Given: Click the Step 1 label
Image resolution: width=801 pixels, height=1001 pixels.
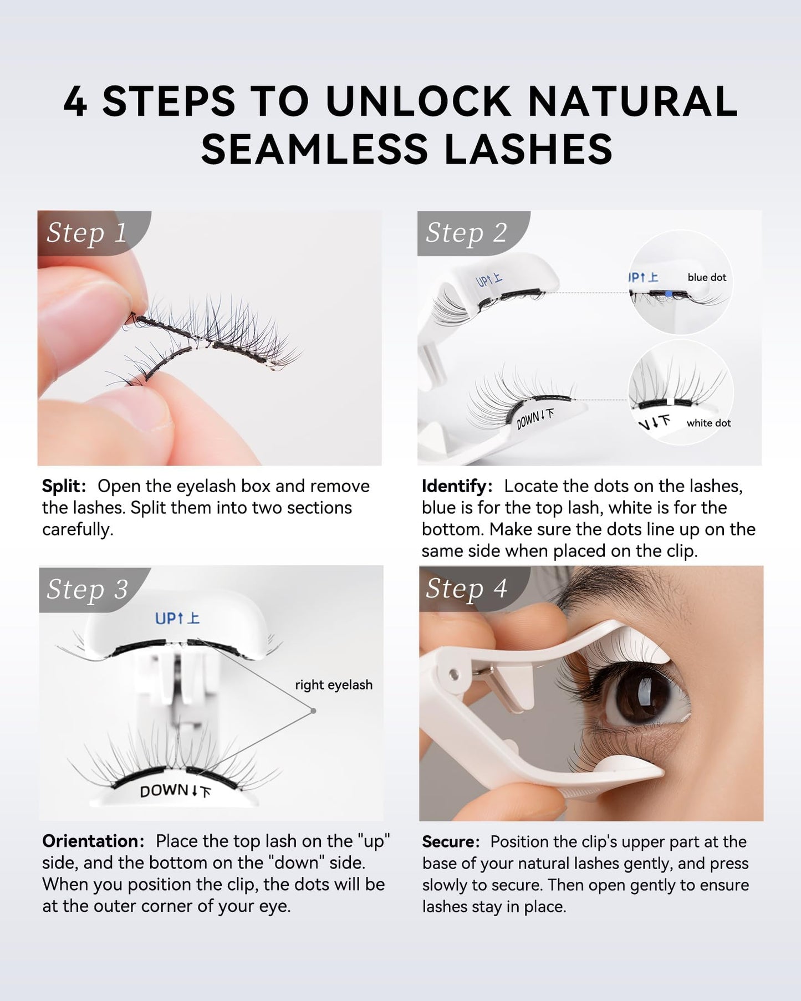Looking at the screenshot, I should [x=87, y=233].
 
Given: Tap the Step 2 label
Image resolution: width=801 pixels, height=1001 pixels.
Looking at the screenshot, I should [x=466, y=233].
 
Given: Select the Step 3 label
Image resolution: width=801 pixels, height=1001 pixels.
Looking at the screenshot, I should [x=87, y=589].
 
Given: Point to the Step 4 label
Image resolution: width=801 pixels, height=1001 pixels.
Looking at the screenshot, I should [x=466, y=589].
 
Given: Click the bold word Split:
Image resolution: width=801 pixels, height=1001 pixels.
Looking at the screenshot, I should [x=64, y=486].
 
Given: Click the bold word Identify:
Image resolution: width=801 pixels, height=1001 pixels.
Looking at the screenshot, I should [x=457, y=486].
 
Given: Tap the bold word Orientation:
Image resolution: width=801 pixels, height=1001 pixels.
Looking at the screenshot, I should [x=93, y=841].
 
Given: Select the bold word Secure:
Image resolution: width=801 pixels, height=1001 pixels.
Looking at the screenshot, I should [x=451, y=841].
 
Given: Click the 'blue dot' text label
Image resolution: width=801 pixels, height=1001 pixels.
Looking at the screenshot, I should [x=706, y=277].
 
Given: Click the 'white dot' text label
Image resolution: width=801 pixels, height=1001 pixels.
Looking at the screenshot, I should [x=708, y=423].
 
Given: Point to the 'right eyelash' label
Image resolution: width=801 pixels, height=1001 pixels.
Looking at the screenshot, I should [x=334, y=685].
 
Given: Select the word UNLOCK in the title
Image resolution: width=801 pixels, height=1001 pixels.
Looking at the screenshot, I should [x=418, y=102].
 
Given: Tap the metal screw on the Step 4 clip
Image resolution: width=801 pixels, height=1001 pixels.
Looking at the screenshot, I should [x=455, y=673].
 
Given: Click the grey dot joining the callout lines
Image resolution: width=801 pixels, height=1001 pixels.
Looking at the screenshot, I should [x=313, y=711].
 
